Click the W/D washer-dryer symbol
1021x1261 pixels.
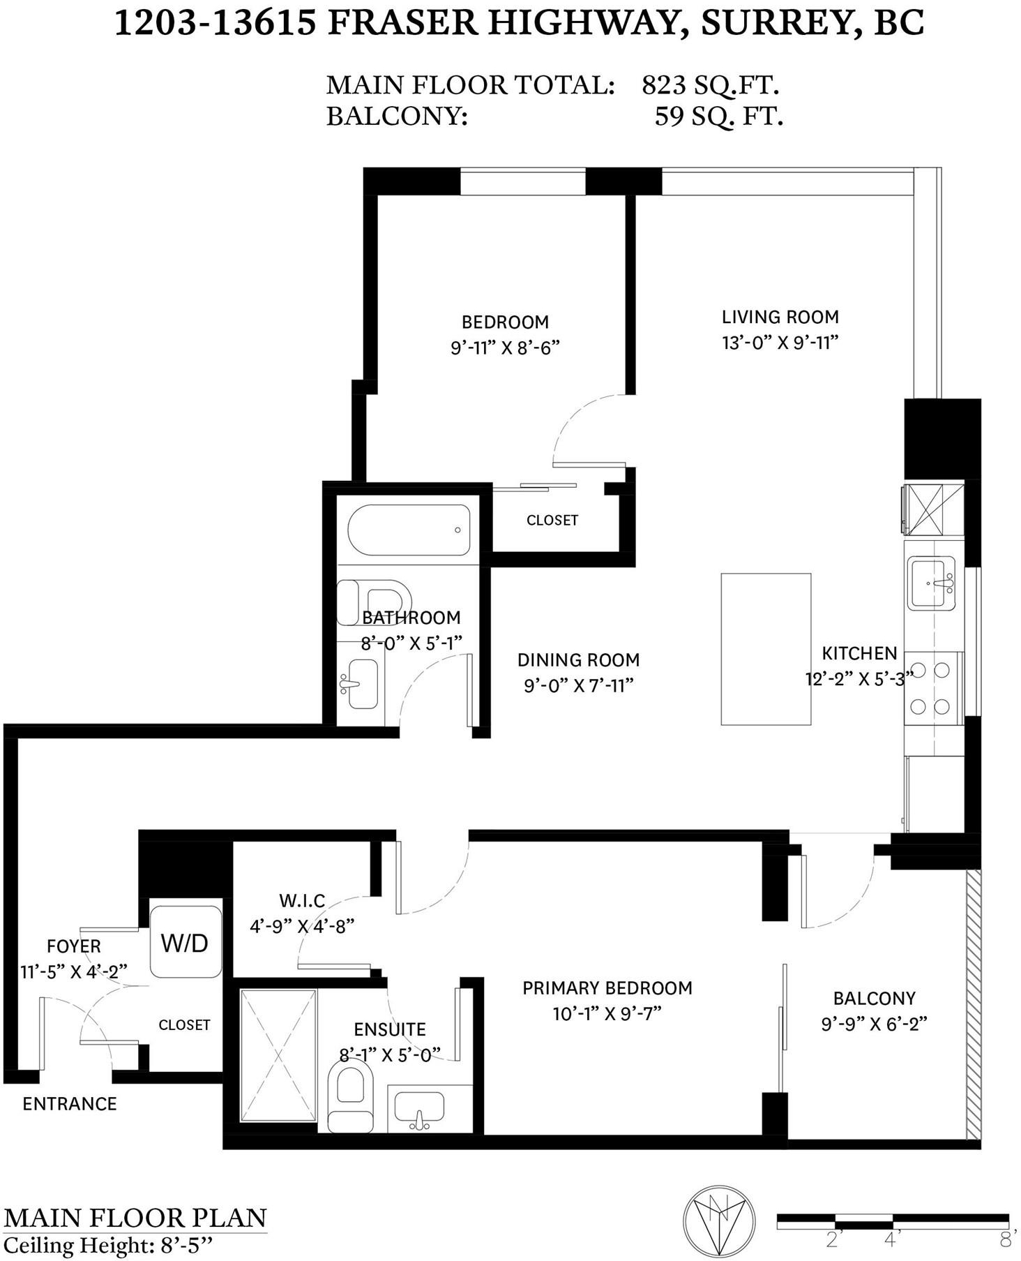pyautogui.click(x=186, y=941)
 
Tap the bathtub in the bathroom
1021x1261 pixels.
pyautogui.click(x=409, y=530)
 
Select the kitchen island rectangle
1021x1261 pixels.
pyautogui.click(x=766, y=649)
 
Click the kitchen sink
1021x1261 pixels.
pyautogui.click(x=931, y=583)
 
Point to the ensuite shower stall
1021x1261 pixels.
pyautogui.click(x=278, y=1055)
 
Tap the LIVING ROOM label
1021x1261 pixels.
pyautogui.click(x=780, y=317)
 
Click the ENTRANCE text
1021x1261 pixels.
pyautogui.click(x=70, y=1103)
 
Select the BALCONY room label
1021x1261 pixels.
pyautogui.click(x=874, y=998)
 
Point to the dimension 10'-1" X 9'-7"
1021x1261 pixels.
pyautogui.click(x=607, y=1013)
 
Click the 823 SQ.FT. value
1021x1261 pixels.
pyautogui.click(x=710, y=85)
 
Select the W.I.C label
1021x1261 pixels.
pyautogui.click(x=302, y=901)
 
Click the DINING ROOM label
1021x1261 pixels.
pyautogui.click(x=578, y=659)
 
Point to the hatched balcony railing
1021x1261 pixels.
pyautogui.click(x=974, y=1006)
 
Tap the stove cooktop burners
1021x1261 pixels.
pyautogui.click(x=930, y=688)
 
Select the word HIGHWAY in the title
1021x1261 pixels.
pyautogui.click(x=583, y=22)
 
